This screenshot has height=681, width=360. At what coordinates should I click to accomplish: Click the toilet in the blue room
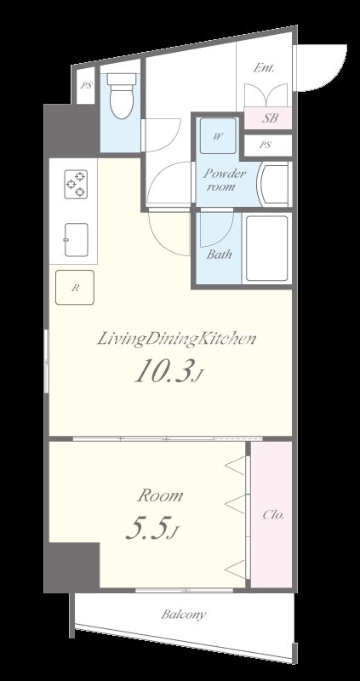123,95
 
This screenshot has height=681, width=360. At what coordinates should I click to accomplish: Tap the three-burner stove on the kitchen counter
76,184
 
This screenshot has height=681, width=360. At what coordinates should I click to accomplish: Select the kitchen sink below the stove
77,240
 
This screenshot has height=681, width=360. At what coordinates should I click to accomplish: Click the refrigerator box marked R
75,288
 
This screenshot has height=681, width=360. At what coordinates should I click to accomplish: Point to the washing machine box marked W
218,136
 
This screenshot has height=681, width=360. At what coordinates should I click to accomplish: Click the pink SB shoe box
268,117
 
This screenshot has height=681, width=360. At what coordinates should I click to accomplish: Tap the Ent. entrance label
264,68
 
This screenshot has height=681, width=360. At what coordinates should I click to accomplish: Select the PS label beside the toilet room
86,86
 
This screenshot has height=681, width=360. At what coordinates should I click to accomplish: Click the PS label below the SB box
266,146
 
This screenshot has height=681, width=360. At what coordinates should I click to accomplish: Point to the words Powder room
224,180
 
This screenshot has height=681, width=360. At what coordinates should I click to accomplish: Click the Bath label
219,254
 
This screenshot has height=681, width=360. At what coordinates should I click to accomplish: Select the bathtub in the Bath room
266,249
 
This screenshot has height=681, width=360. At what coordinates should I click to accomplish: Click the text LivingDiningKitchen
175,340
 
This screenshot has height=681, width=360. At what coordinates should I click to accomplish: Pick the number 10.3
163,371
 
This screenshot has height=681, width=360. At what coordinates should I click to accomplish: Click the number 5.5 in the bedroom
146,528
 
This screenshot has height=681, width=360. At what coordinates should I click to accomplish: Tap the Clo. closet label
273,515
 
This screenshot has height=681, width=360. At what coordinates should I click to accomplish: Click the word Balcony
183,615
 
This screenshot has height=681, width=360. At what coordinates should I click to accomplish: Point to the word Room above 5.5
160,496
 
